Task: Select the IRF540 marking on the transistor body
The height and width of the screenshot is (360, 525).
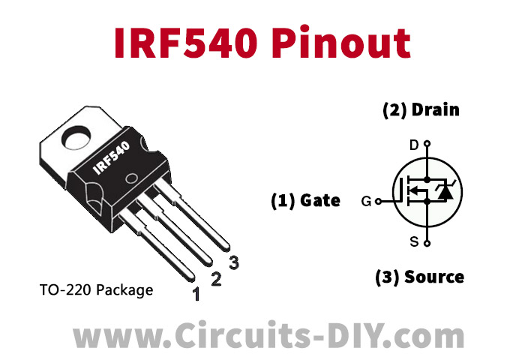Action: click(112, 159)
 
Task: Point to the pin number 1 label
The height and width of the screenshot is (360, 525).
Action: click(196, 295)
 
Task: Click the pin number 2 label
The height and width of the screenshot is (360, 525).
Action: click(216, 280)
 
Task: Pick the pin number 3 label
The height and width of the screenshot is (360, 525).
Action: click(234, 262)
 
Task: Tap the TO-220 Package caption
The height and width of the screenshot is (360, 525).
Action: click(95, 289)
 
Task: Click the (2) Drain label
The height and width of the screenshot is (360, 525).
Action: click(421, 110)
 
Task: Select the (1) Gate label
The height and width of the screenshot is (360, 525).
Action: click(305, 200)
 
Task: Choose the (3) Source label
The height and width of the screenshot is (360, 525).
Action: click(419, 277)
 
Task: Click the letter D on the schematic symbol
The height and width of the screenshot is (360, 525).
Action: click(414, 145)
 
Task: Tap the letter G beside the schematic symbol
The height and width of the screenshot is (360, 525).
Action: click(366, 201)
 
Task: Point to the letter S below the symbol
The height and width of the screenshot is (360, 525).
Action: click(414, 241)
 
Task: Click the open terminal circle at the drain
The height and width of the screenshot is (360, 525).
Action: click(427, 143)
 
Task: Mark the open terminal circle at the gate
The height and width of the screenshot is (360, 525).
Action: click(377, 201)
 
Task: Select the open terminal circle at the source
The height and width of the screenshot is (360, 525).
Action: click(427, 243)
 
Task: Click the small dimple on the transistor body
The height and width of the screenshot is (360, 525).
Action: click(131, 181)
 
